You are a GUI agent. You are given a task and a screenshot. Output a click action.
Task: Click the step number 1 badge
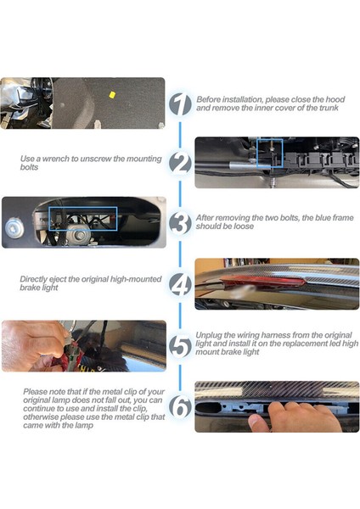point(180,104)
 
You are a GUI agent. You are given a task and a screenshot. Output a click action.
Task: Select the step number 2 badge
point(180,163)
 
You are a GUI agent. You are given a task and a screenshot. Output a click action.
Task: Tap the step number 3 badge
point(180,222)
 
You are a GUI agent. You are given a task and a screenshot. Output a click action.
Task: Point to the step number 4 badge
point(180,284)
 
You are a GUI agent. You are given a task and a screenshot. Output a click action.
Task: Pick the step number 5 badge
point(180,346)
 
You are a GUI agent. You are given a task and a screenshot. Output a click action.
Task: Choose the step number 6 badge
point(180,406)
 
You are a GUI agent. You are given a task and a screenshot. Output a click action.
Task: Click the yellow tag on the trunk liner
point(112,94)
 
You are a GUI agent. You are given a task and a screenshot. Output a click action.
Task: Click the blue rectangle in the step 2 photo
point(257,154)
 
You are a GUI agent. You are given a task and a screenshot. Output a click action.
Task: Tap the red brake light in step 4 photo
point(262,282)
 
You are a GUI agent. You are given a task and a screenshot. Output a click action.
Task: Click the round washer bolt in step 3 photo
point(14,228)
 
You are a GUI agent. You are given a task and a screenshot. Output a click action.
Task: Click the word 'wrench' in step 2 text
point(55,159)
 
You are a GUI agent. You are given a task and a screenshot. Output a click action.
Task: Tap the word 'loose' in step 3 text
point(243,227)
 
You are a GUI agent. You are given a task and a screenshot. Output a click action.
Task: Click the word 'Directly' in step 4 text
point(33,279)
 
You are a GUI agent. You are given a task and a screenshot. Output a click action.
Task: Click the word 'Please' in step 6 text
point(36,392)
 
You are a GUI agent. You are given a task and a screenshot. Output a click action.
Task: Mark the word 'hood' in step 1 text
point(335,99)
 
